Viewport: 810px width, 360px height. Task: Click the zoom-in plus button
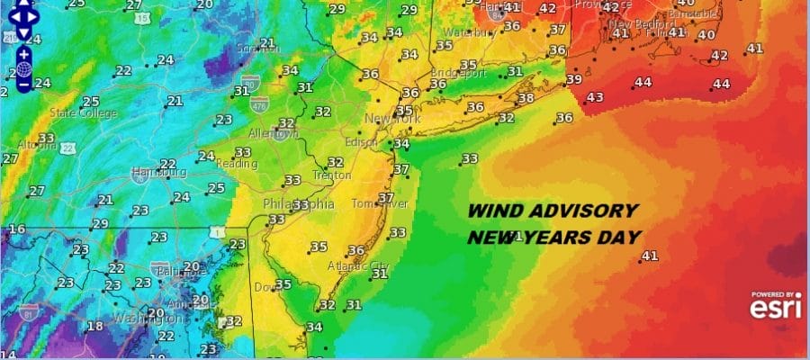click(x=23, y=53)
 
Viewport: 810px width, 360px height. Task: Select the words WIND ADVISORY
click(x=551, y=211)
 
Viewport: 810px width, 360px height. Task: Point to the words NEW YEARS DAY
click(x=553, y=238)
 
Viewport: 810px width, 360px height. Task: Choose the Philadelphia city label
click(x=299, y=204)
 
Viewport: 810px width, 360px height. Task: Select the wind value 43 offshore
click(x=594, y=97)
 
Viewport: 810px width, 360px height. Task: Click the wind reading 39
click(x=574, y=79)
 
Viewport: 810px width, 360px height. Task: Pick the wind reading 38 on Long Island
click(x=526, y=98)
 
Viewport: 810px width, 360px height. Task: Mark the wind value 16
click(x=16, y=229)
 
